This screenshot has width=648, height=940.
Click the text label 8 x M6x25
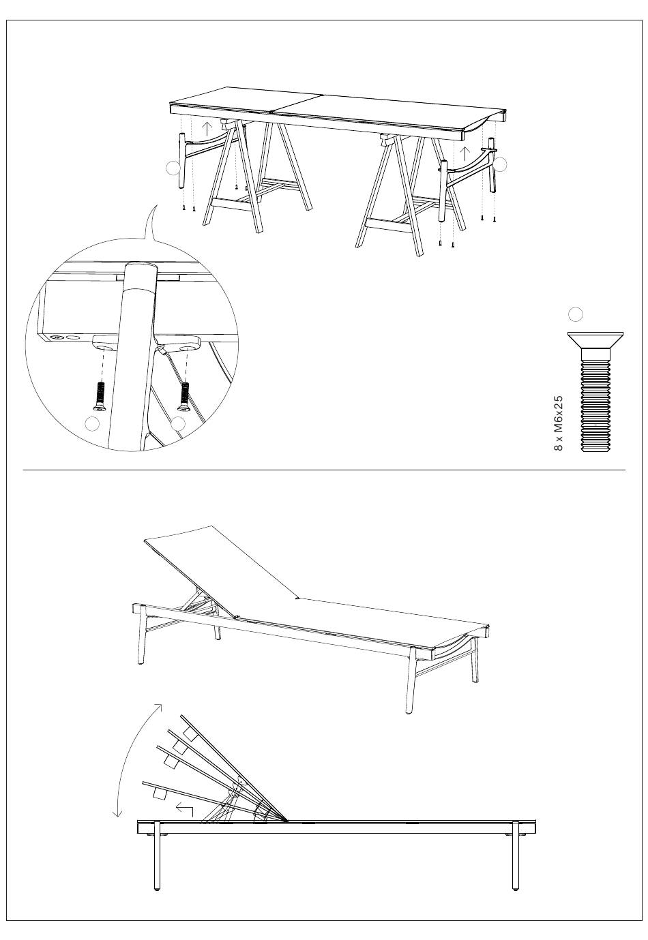[x=558, y=423]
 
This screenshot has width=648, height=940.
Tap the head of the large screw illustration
[x=595, y=340]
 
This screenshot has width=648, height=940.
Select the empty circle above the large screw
[x=576, y=314]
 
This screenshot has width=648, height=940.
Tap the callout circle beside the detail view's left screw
[x=92, y=423]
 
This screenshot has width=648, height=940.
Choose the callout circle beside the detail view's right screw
[x=178, y=423]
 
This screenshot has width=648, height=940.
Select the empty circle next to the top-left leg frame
[x=173, y=168]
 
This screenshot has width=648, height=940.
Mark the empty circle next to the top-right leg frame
[x=501, y=164]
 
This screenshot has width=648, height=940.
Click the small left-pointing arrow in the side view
[x=185, y=809]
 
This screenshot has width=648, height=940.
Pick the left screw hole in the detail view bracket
[x=105, y=348]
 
